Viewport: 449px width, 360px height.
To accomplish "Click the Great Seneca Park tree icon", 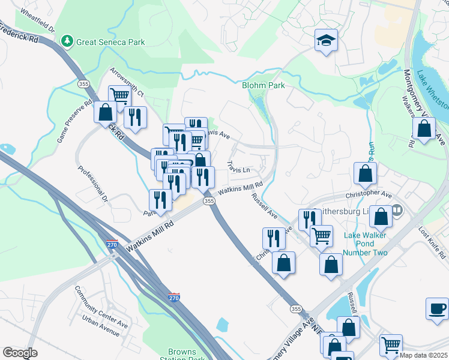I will click(67, 41).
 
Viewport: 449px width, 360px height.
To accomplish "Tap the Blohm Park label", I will click(263, 86).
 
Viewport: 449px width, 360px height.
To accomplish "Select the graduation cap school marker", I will click(326, 41).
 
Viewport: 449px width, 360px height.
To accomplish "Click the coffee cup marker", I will click(437, 309).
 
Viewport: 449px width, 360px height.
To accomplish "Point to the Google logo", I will click(20, 353).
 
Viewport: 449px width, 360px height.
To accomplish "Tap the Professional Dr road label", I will click(92, 182).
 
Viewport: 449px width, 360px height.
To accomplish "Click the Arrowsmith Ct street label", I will click(127, 82).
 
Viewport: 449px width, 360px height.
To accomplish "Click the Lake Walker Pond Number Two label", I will click(365, 244).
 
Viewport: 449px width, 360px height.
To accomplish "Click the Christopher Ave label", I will click(368, 196).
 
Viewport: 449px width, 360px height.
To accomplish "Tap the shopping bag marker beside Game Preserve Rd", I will click(106, 113).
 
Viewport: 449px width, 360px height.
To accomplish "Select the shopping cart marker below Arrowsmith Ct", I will click(119, 95).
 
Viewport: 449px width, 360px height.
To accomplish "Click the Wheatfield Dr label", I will click(37, 21).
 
